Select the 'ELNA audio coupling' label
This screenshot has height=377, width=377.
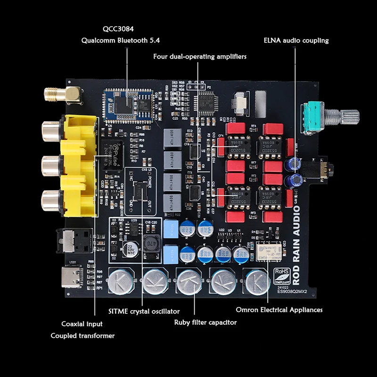pyautogui.click(x=296, y=41)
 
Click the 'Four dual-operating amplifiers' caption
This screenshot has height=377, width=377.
pyautogui.click(x=200, y=57)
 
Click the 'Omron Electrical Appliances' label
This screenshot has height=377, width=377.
pyautogui.click(x=279, y=310)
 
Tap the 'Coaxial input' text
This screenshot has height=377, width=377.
pyautogui.click(x=82, y=324)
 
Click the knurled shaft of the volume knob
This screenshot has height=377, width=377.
pyautogui.click(x=349, y=115)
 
